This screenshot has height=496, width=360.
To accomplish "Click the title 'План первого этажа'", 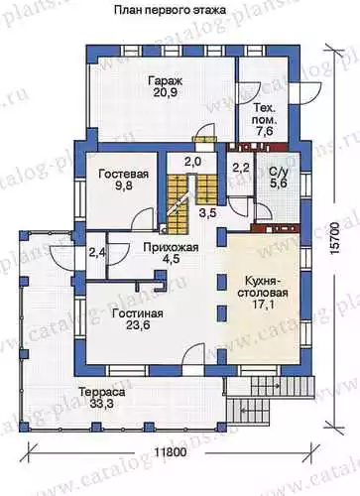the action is tap(171, 10).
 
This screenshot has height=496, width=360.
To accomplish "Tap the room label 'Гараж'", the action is tap(166, 81).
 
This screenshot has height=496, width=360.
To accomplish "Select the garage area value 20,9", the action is tap(166, 92).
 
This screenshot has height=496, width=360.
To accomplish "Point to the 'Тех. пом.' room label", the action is tap(265, 114).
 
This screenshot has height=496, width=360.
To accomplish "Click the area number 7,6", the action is tap(265, 131).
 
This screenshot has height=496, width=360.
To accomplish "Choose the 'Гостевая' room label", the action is tap(124, 174).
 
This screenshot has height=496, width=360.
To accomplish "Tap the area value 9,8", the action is tap(124, 186).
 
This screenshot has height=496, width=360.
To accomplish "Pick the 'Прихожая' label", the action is tap(171, 247).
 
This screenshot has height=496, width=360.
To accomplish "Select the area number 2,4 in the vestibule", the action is tap(97, 253).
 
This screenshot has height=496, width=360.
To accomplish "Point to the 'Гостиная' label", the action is tap(138, 313).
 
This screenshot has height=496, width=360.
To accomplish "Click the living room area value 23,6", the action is tap(138, 324).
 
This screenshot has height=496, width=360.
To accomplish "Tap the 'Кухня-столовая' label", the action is tap(266, 287).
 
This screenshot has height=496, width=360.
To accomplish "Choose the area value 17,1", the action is tap(266, 305).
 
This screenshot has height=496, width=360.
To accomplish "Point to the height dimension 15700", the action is tap(335, 239).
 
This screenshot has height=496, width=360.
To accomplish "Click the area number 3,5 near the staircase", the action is tap(207, 212).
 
